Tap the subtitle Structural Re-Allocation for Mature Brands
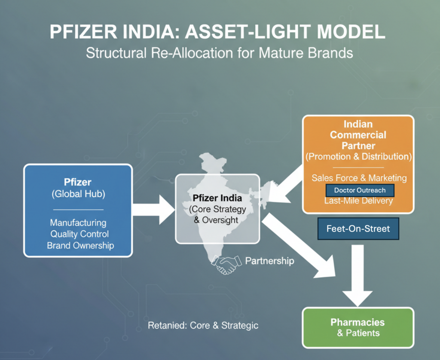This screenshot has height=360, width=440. pyautogui.click(x=219, y=53)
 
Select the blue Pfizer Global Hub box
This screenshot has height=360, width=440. pyautogui.click(x=78, y=210)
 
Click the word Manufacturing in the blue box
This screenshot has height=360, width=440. pyautogui.click(x=78, y=223)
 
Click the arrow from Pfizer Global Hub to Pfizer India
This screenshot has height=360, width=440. pyautogui.click(x=154, y=209)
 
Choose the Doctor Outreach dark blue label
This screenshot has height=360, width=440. pyautogui.click(x=360, y=190)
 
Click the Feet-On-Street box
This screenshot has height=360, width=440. pyautogui.click(x=358, y=229)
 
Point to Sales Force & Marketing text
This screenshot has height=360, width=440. pyautogui.click(x=359, y=178)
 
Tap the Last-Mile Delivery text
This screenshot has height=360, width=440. pyautogui.click(x=359, y=201)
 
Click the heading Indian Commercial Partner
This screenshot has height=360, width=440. pyautogui.click(x=358, y=134)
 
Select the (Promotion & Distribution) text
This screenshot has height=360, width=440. pyautogui.click(x=358, y=157)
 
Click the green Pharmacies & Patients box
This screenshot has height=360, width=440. pyautogui.click(x=358, y=327)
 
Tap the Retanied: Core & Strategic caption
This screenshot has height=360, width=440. pyautogui.click(x=203, y=325)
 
